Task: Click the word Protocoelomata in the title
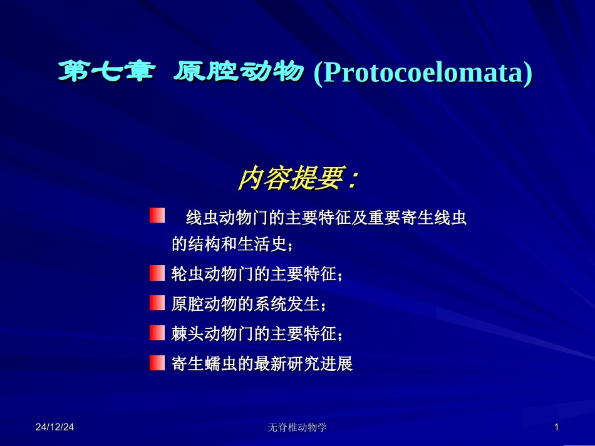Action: [x=423, y=73]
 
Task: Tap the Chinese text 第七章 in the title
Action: [x=105, y=73]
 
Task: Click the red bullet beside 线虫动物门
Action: [x=157, y=216]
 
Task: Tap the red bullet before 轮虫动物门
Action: [x=157, y=273]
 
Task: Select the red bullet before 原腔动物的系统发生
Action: [x=157, y=303]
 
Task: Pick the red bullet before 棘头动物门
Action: [x=157, y=333]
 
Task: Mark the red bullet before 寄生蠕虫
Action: [x=157, y=363]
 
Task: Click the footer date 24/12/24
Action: [x=54, y=427]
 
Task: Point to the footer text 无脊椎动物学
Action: [x=297, y=427]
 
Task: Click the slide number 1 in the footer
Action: [x=556, y=427]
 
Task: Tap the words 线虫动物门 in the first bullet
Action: [x=221, y=218]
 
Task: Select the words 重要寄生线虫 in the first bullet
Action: [x=425, y=218]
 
